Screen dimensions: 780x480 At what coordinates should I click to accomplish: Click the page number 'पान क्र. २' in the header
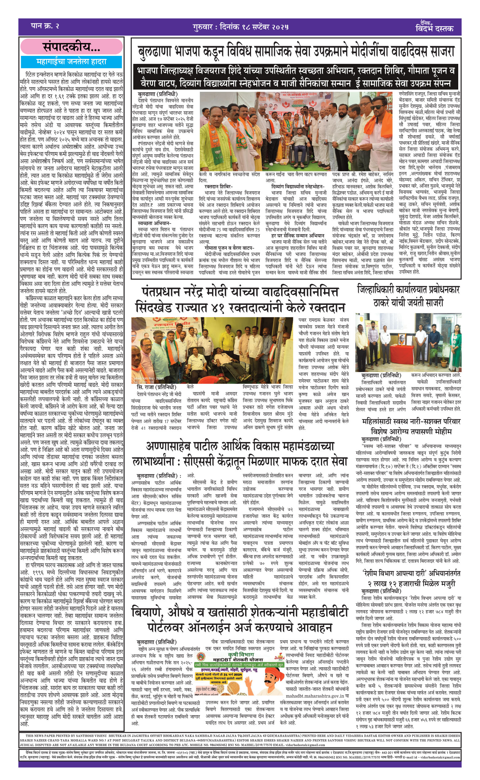45,26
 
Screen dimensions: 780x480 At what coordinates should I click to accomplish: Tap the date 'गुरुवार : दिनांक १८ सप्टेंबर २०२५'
240,27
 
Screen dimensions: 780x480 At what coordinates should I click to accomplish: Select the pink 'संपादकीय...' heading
71,47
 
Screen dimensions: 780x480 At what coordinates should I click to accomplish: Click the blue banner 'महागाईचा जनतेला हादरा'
71,62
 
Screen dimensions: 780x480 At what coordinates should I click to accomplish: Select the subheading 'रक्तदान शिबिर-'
219,186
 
